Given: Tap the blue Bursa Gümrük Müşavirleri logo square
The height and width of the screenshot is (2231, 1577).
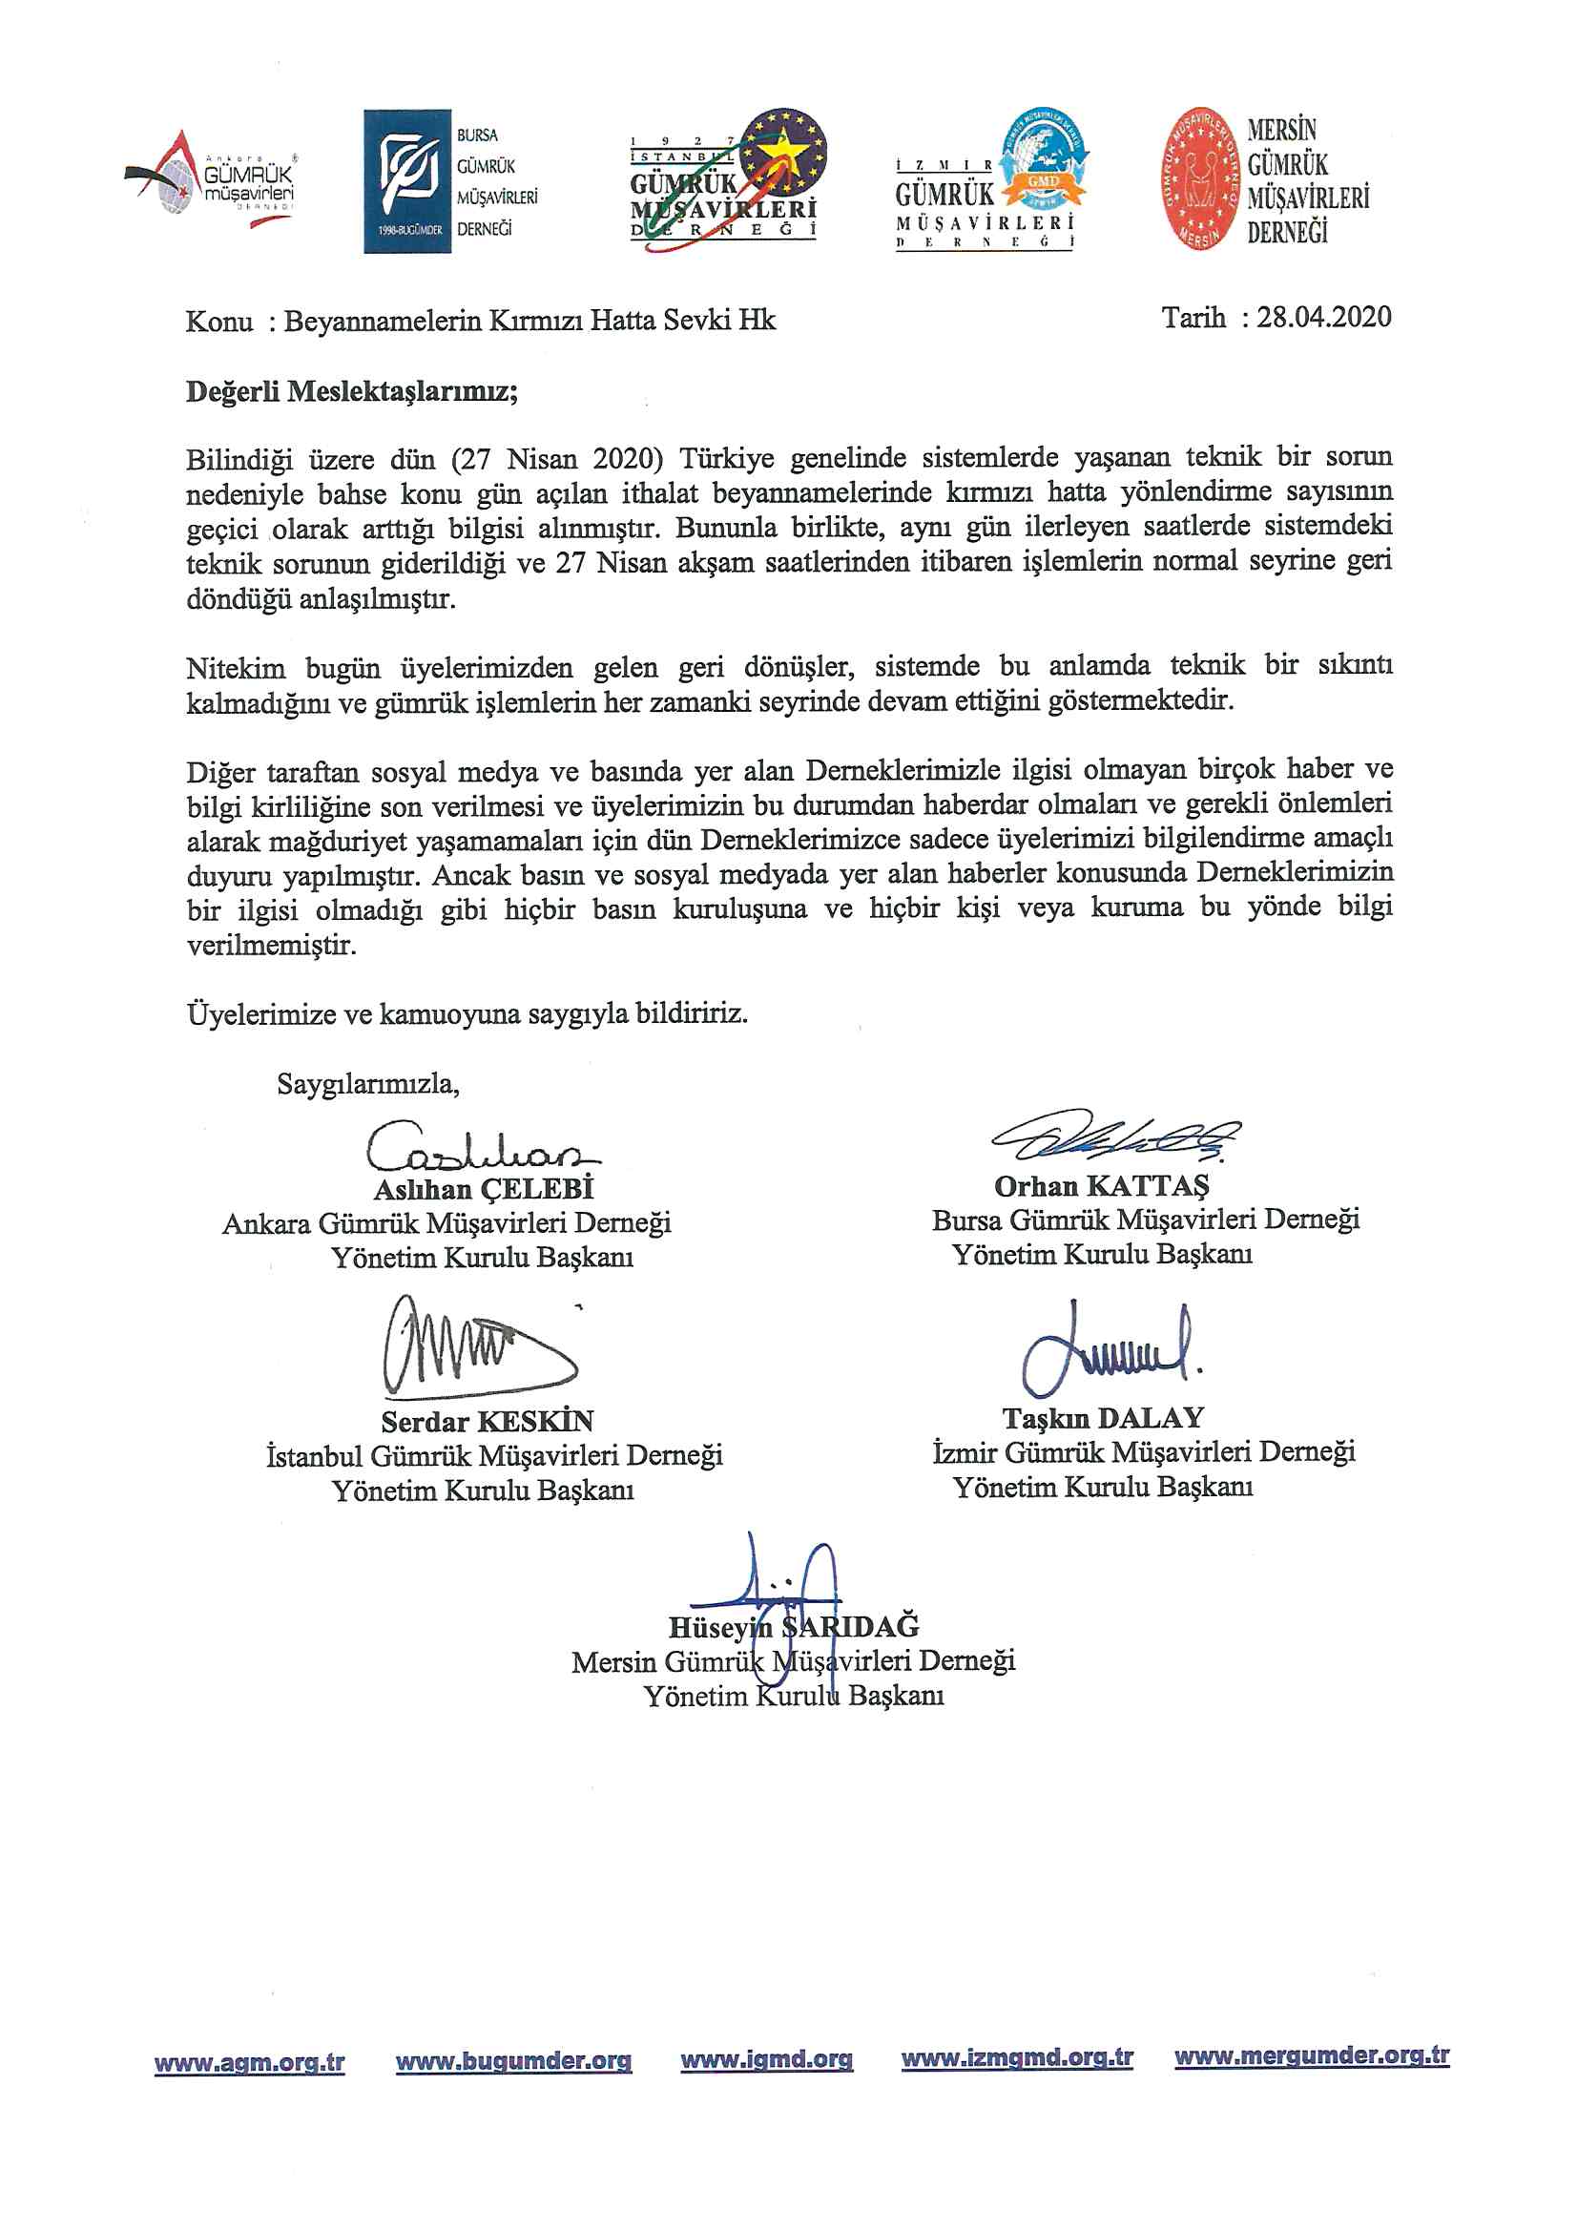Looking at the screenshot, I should click(407, 180).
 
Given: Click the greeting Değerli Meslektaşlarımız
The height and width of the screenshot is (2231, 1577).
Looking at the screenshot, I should click(352, 391).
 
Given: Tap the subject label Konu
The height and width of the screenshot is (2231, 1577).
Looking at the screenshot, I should click(218, 321).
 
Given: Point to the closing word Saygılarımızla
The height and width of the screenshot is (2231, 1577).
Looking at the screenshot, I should click(367, 1083).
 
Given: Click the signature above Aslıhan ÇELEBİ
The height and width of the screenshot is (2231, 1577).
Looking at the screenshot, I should click(481, 1147).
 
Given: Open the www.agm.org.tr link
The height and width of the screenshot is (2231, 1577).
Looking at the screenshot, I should click(249, 2062).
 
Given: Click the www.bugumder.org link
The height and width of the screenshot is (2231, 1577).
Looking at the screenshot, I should click(513, 2061).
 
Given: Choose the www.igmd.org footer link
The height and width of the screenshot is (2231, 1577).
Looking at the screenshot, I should click(766, 2059).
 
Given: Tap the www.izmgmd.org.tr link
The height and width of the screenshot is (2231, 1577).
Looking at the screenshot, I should click(1016, 2058).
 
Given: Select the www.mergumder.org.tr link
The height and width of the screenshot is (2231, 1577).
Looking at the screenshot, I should click(1311, 2056).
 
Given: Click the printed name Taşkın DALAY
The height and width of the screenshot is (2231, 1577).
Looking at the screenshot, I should click(1103, 1418).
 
